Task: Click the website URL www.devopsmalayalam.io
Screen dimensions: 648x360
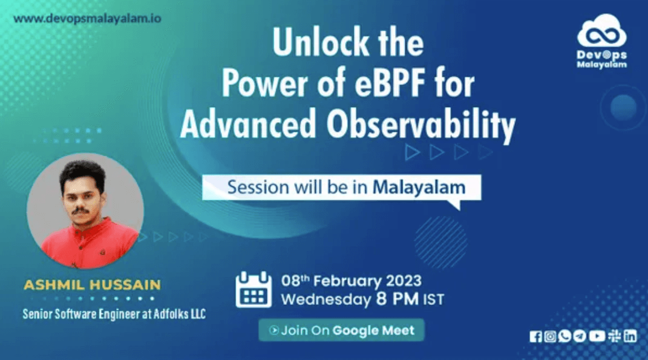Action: pos(87,19)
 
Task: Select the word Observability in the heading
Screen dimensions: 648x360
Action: pos(421,124)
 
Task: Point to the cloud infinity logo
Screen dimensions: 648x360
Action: pos(601,31)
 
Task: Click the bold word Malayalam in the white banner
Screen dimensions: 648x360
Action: pos(419,187)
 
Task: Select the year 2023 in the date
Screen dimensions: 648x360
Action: pos(404,281)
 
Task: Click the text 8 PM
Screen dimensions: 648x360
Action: pos(397,299)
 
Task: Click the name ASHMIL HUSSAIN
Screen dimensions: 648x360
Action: pos(92,285)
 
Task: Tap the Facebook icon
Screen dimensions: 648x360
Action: pos(535,336)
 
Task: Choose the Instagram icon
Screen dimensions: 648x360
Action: pos(550,336)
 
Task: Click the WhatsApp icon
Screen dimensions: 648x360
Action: pos(565,336)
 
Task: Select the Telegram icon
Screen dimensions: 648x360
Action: pos(580,336)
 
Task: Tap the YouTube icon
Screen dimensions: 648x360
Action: pos(597,336)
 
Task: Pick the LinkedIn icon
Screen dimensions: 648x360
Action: pos(630,336)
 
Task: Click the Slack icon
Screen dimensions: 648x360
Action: pos(614,336)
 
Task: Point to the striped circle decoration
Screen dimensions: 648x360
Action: pos(440,243)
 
